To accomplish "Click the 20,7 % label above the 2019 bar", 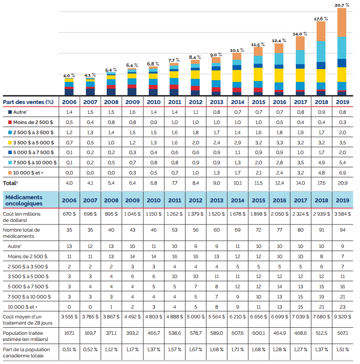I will (342, 5).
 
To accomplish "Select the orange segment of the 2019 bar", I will (342, 22).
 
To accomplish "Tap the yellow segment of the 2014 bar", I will (237, 76).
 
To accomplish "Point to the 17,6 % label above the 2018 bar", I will (321, 19).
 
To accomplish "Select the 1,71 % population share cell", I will (237, 349).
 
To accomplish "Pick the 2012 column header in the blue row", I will (195, 200).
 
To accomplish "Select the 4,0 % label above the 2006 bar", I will (70, 76).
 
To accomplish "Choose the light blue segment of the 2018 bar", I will (321, 51).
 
